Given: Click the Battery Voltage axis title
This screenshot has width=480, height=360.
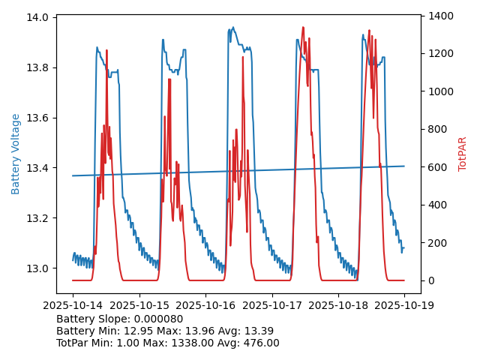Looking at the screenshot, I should (16, 154).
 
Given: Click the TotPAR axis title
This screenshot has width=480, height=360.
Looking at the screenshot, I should (463, 154).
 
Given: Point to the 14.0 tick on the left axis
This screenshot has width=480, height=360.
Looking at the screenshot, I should (38, 17).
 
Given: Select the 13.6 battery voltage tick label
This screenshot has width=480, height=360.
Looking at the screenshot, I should (38, 118).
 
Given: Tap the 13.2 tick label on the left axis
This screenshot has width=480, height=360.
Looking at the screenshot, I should (38, 218).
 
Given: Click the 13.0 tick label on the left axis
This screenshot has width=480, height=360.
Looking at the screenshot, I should (38, 268).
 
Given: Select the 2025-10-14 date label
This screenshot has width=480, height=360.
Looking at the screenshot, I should (73, 305).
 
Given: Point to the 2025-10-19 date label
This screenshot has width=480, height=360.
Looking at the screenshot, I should (404, 305).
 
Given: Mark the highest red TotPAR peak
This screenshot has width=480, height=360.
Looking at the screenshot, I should (303, 28).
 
